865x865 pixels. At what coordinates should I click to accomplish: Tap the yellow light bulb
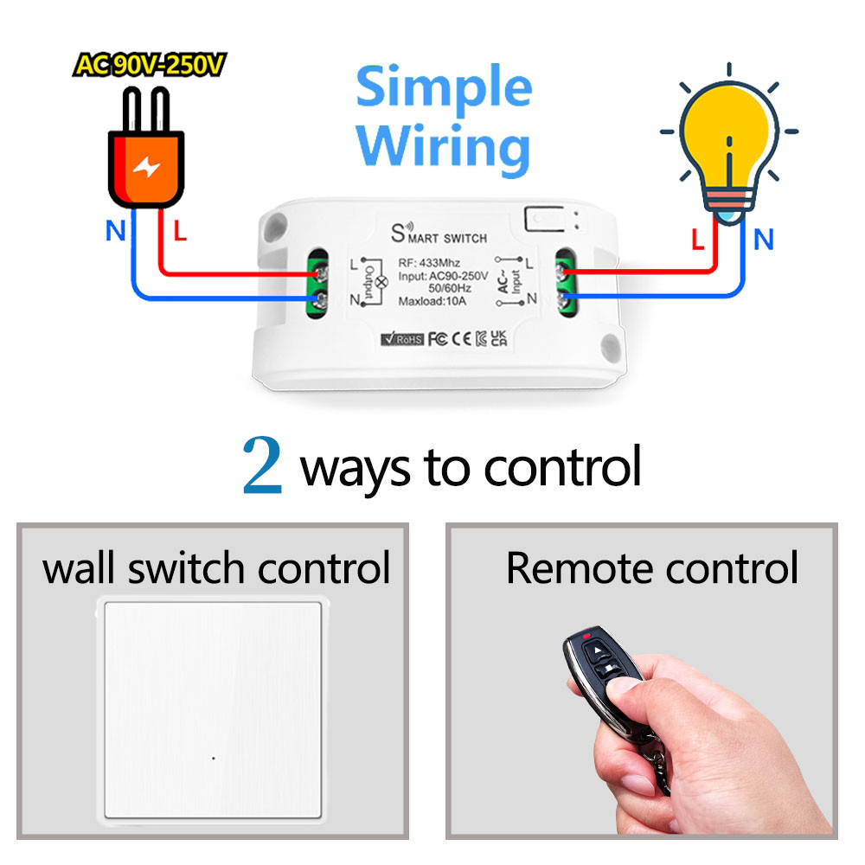[726, 138]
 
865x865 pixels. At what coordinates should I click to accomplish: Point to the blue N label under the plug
[113, 231]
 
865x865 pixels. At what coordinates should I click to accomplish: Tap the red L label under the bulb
[698, 240]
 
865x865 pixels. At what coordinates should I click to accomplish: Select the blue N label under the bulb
[763, 239]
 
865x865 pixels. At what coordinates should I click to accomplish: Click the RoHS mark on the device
[401, 339]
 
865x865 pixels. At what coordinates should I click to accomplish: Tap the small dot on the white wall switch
[213, 758]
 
